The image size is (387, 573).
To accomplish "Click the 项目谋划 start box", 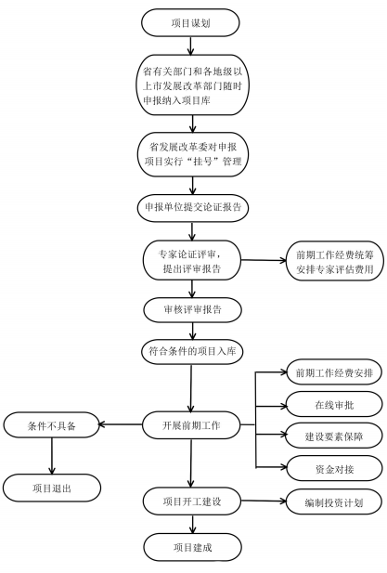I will click(x=190, y=22).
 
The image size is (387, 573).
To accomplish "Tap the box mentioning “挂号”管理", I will click(x=190, y=154).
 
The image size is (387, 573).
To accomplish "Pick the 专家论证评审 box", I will click(x=190, y=259).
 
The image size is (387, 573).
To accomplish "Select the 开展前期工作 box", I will click(x=190, y=425).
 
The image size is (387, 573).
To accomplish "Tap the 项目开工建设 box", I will click(x=190, y=502).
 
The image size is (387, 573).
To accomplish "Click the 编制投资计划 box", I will click(x=330, y=502).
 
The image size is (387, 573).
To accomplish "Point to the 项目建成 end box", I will click(x=190, y=548).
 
